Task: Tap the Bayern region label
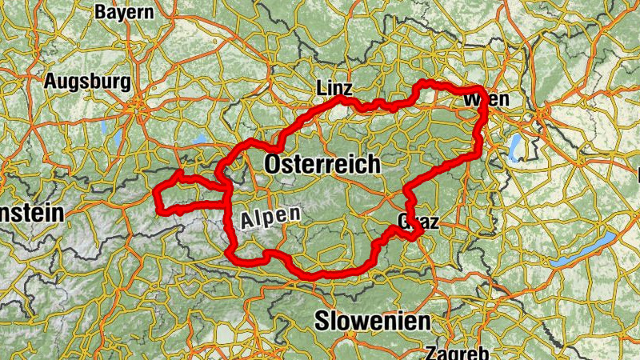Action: pyautogui.click(x=124, y=12)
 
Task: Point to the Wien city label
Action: pyautogui.click(x=486, y=100)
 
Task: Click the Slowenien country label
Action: pyautogui.click(x=372, y=322)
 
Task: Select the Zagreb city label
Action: pyautogui.click(x=457, y=352)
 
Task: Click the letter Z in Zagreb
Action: pyautogui.click(x=432, y=353)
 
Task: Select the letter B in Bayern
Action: pyautogui.click(x=101, y=12)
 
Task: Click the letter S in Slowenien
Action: pyautogui.click(x=322, y=322)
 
